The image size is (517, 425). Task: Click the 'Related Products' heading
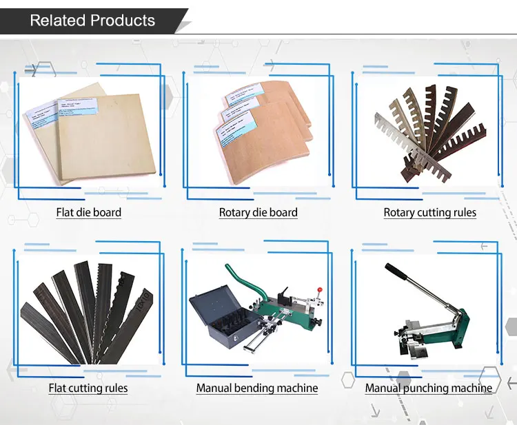92,21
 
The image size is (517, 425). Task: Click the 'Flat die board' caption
88,212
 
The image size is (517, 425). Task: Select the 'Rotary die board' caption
258,212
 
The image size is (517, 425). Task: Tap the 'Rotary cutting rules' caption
429,212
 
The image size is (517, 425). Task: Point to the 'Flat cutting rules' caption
88,388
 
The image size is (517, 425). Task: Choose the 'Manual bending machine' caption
257,388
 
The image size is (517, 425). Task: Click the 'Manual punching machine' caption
429,388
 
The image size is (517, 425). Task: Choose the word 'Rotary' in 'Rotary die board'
235,212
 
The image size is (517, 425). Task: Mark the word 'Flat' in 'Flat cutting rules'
58,388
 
